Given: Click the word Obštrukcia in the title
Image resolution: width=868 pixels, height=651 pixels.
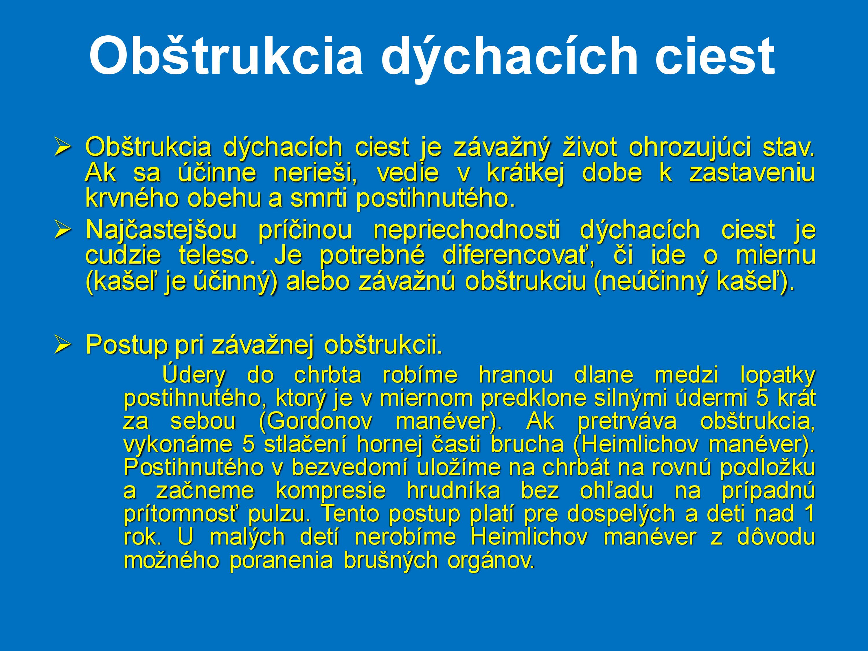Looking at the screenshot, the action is [226, 56].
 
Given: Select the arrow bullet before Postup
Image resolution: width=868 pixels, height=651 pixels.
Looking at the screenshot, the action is [62, 344].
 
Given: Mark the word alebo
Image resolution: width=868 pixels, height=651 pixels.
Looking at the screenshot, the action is [318, 282].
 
